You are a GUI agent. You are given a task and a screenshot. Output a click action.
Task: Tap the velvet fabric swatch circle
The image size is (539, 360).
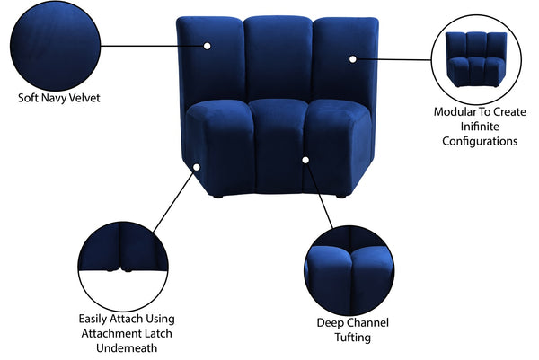click(56, 42)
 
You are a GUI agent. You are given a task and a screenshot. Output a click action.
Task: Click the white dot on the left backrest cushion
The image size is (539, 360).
click(207, 45)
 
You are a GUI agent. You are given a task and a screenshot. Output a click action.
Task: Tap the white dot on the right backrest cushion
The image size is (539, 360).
click(353, 58)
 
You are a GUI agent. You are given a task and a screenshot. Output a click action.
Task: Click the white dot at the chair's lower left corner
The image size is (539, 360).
click(197, 167)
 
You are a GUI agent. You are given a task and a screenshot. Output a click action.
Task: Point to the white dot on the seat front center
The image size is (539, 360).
click(305, 160)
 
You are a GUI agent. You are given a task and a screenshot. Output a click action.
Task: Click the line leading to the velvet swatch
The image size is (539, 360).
click(153, 43)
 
